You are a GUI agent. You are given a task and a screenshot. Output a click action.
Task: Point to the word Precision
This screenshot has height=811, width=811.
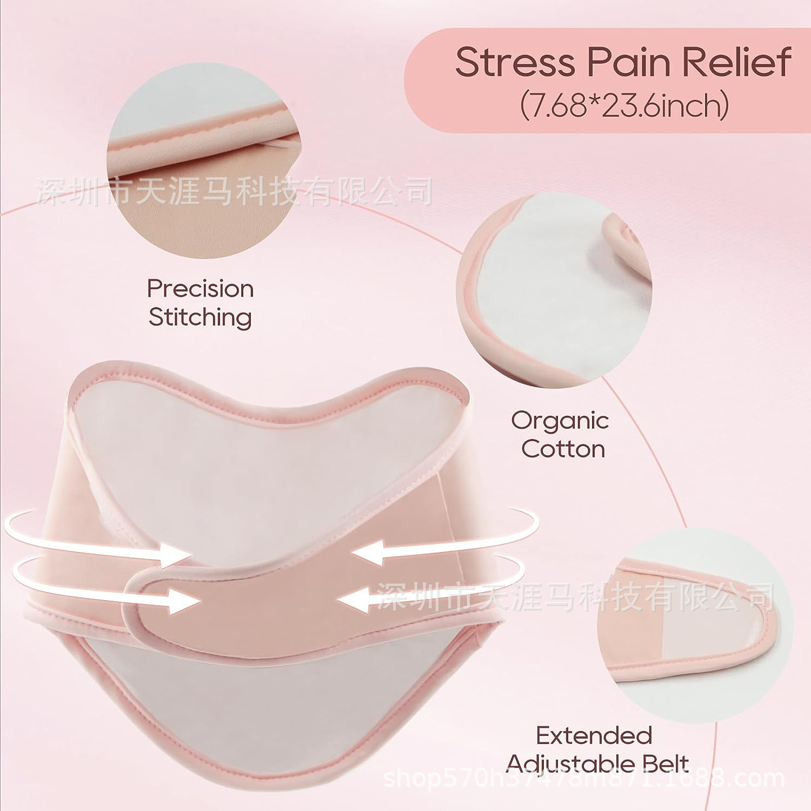click(201, 289)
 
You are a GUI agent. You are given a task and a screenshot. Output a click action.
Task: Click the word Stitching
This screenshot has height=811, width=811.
click(200, 317)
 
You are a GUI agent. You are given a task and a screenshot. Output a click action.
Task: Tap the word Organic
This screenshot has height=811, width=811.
click(561, 421)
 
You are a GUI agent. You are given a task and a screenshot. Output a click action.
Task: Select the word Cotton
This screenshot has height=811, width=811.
click(563, 449)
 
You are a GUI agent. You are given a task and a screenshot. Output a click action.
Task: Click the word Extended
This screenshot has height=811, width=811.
click(594, 735)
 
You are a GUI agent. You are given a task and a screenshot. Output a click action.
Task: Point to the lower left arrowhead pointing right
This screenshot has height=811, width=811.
click(184, 600)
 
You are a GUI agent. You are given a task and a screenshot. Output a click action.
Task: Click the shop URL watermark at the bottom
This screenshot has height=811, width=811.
click(584, 779)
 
